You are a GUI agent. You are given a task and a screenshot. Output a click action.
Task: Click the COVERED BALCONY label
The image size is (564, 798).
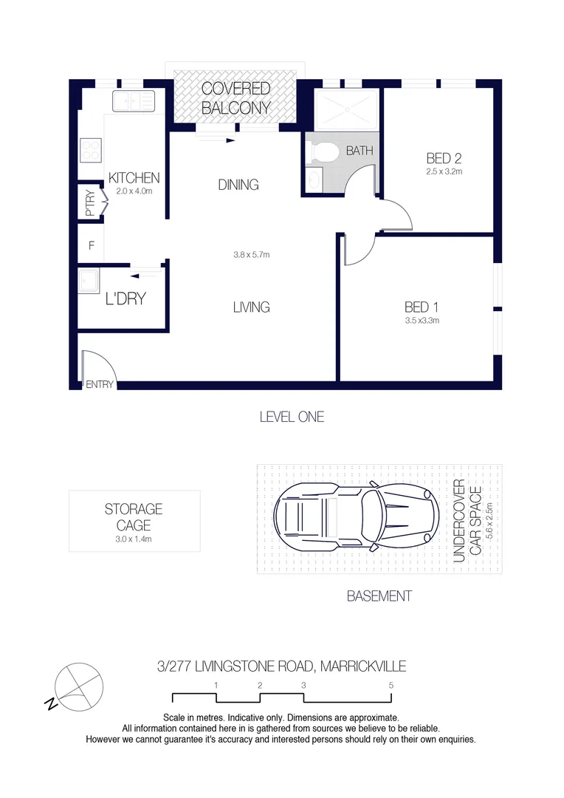point(235,98)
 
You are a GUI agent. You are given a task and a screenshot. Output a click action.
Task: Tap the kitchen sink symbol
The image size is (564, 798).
point(134,100)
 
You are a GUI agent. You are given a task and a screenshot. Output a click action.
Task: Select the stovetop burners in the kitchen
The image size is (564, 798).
point(90,151)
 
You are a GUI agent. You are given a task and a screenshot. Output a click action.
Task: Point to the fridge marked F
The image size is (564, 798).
point(91,245)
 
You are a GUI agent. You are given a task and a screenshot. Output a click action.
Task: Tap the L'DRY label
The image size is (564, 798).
point(125,299)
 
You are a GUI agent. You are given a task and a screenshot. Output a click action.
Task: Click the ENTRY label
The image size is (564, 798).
point(100,384)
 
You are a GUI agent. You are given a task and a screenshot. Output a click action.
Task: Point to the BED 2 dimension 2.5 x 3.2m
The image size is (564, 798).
point(444,171)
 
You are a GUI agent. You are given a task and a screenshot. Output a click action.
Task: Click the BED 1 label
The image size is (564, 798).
point(422,307)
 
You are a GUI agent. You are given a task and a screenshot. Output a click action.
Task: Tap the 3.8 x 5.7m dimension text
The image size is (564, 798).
point(252,255)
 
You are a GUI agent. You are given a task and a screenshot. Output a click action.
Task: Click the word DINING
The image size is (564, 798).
point(238,185)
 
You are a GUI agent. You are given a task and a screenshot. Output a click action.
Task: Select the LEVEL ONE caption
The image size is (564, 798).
point(292,417)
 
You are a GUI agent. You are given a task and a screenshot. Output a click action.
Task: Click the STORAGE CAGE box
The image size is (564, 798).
point(134,521)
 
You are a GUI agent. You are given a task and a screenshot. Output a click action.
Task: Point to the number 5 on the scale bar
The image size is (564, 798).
point(391,685)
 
